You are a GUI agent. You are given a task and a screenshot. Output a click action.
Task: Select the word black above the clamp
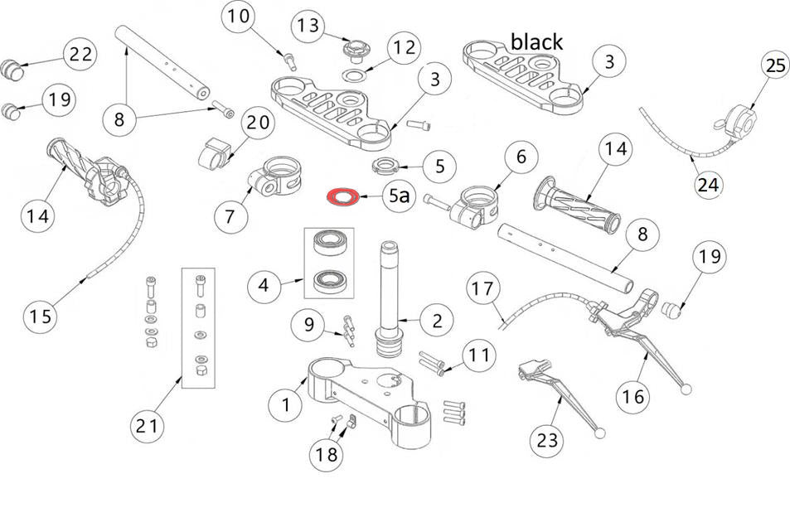click(x=536, y=41)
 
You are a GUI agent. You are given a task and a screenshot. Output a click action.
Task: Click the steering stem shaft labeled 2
click(x=390, y=298)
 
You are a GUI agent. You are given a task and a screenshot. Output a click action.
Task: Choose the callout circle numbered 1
click(x=285, y=404)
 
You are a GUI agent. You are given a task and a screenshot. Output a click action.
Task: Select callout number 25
click(x=774, y=67)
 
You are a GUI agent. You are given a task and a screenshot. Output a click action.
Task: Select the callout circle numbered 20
click(x=257, y=123)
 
